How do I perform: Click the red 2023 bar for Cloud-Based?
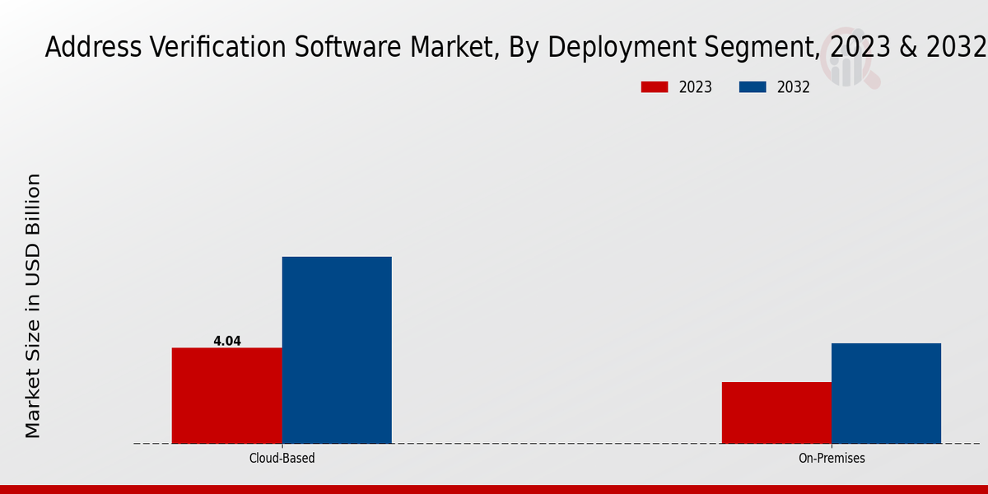[x=226, y=395]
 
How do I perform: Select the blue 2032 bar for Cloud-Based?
[x=337, y=350]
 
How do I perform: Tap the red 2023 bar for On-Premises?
[x=776, y=412]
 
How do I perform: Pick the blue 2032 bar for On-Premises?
[x=886, y=393]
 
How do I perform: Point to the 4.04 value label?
[x=227, y=341]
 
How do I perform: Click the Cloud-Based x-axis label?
[x=282, y=459]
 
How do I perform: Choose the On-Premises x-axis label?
[x=832, y=459]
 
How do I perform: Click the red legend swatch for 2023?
[x=655, y=87]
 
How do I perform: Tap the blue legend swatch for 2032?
[x=753, y=87]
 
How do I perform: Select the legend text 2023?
[x=696, y=87]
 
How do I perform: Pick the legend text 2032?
[x=794, y=87]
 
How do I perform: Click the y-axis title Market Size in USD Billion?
[x=33, y=305]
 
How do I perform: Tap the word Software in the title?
[x=319, y=49]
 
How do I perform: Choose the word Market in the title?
[x=426, y=49]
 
